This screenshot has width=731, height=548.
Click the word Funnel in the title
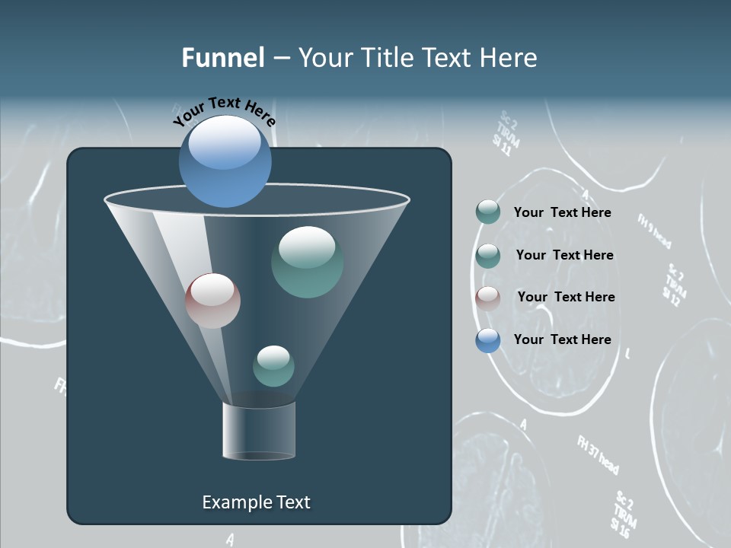222,58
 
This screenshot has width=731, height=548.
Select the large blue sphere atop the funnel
225,161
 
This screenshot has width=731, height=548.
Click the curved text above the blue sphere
224,111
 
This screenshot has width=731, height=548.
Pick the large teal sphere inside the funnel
307,262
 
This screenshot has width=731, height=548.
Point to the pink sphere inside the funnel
212,301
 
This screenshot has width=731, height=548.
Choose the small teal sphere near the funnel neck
273,365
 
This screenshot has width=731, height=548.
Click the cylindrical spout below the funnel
259,431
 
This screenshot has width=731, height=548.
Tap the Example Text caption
256,502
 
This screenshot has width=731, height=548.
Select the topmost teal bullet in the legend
487,212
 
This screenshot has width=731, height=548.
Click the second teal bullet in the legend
487,255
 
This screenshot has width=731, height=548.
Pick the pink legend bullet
487,298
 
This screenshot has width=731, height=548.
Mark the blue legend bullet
487,340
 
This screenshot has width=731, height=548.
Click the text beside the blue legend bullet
562,339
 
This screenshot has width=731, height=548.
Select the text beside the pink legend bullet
566,297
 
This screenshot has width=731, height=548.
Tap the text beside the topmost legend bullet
562,212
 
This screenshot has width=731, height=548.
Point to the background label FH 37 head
598,454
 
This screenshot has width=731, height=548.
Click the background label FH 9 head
654,231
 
